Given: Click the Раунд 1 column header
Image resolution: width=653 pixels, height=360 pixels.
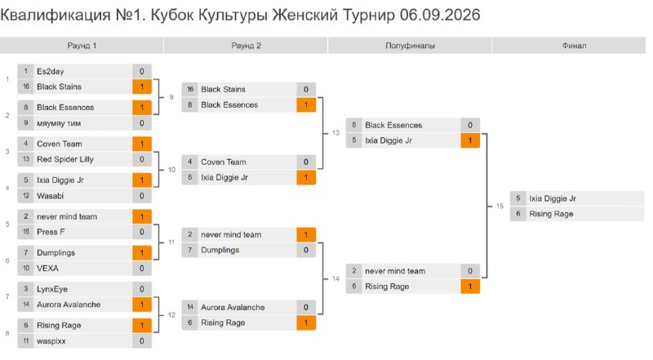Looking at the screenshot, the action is [82, 46].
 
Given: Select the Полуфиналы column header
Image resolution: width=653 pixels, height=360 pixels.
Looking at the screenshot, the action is [410, 46].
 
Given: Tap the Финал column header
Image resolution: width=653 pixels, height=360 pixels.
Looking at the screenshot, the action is [574, 46].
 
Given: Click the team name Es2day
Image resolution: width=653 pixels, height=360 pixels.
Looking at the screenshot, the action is [51, 71].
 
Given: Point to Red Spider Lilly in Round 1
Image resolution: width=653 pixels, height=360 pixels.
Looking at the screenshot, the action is [65, 159].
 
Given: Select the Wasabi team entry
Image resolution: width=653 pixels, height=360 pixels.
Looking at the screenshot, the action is [50, 195].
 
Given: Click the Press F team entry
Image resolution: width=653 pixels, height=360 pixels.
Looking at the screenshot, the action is [51, 232].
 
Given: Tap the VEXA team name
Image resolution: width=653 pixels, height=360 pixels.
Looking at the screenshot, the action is [47, 268].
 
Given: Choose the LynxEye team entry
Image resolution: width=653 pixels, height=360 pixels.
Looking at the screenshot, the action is [52, 289].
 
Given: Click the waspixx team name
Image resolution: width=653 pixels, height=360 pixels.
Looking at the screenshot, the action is [51, 341].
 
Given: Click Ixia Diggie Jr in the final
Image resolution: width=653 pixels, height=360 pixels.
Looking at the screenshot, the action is [553, 198].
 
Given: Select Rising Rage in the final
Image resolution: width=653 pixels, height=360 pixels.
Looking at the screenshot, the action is [551, 214].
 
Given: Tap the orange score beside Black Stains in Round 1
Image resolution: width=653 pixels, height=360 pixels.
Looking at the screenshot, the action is [141, 87].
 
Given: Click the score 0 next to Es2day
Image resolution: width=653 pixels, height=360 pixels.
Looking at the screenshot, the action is [141, 71].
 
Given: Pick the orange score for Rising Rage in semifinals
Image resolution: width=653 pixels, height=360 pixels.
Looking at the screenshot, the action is [470, 287].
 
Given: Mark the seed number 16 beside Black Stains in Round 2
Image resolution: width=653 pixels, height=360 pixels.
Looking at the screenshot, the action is [190, 89].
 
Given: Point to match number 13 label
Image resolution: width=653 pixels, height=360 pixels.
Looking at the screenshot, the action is [335, 133].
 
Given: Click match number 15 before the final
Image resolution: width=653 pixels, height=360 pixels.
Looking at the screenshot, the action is [500, 206].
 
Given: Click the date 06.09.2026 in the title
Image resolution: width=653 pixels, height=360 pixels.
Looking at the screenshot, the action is [440, 15].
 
